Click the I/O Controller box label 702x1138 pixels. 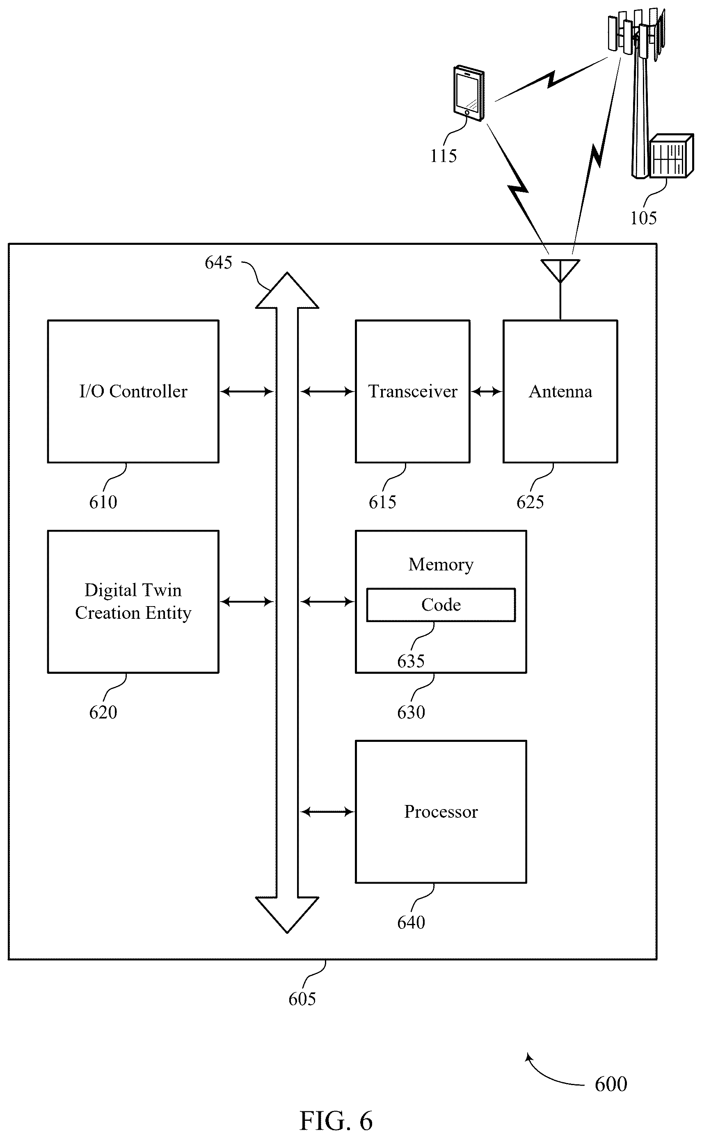coord(133,392)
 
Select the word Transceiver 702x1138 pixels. coord(413,392)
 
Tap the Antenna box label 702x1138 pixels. coord(560,392)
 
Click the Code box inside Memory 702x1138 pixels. coord(441,604)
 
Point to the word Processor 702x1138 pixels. coord(441,812)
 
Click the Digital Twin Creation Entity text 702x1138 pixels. coord(133,601)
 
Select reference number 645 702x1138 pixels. coord(218,262)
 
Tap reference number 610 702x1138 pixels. coord(103,502)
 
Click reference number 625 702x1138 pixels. coord(530,502)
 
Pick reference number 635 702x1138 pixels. coord(411,661)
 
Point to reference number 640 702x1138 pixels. coord(411,922)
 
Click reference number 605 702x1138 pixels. coord(302,999)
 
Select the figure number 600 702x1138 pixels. coord(611,1084)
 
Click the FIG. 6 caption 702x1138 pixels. coord(336,1121)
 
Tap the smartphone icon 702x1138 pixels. coord(469,93)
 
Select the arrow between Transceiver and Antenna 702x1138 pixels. coord(487,392)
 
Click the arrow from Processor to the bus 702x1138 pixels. coord(327,812)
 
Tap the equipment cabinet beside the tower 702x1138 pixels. coord(671,155)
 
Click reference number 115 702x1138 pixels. coord(444,156)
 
